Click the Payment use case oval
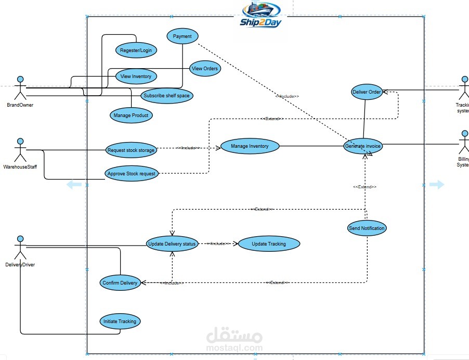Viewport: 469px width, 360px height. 182,36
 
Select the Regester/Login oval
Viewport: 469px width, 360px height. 136,50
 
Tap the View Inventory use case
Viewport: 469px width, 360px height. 136,76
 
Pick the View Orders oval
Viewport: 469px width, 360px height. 205,68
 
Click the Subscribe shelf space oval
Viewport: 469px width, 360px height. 167,96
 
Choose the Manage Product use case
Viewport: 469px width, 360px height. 131,115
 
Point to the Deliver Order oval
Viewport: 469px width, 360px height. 367,92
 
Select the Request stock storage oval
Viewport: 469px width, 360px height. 131,150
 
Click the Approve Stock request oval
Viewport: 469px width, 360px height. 132,174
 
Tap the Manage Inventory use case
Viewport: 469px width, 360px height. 250,146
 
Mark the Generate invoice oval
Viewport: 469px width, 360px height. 363,146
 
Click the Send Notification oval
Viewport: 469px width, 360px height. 367,228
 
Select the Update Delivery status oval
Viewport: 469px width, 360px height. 172,244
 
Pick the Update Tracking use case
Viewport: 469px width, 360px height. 269,244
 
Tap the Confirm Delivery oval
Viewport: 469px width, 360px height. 120,283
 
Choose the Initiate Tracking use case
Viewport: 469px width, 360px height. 120,322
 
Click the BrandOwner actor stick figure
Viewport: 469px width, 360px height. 20,88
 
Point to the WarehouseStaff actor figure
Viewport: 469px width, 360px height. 20,150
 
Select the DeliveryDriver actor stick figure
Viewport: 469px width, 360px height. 20,248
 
